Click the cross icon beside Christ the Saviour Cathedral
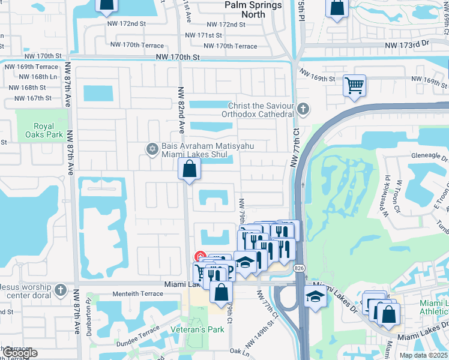coord(304,109)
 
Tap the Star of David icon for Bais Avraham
coord(152,148)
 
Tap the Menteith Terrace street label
coord(138,294)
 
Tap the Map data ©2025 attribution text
coord(423,355)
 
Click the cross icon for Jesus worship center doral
coord(60,290)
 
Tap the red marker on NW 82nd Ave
coord(202,257)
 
